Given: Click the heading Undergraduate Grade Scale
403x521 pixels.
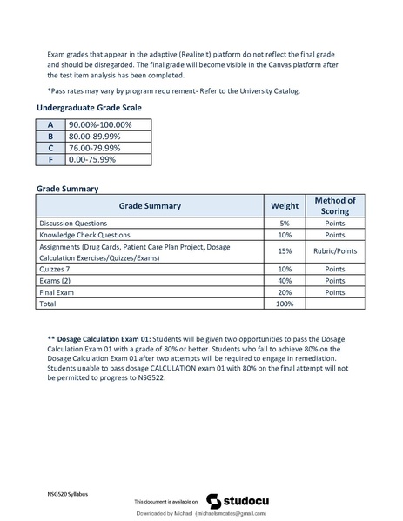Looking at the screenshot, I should coord(89,107).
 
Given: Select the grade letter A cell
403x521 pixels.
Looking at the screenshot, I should coord(50,125).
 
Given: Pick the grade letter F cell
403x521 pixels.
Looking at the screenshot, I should coord(50,159).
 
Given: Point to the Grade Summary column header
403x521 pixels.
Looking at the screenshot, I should coord(150,206).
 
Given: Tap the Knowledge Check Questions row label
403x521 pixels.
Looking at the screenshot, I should coord(84,235).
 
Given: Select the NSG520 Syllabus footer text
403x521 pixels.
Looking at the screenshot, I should coord(68,493).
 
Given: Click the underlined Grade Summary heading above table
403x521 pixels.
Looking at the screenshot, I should coord(67,189).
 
